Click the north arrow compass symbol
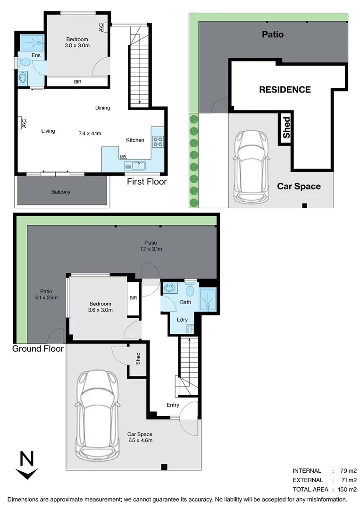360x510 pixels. (27, 466)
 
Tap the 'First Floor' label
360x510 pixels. (146, 181)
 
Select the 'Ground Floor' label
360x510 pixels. (38, 349)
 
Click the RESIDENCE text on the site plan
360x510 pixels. (285, 90)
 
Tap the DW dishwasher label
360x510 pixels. (123, 157)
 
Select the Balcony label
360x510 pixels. (61, 192)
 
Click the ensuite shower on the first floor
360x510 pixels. (32, 43)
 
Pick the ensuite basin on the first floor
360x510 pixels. (23, 77)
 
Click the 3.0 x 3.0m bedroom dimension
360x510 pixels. (77, 46)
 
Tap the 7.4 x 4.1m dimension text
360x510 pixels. (90, 133)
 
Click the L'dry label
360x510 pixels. (182, 320)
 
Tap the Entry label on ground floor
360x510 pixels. (173, 405)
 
